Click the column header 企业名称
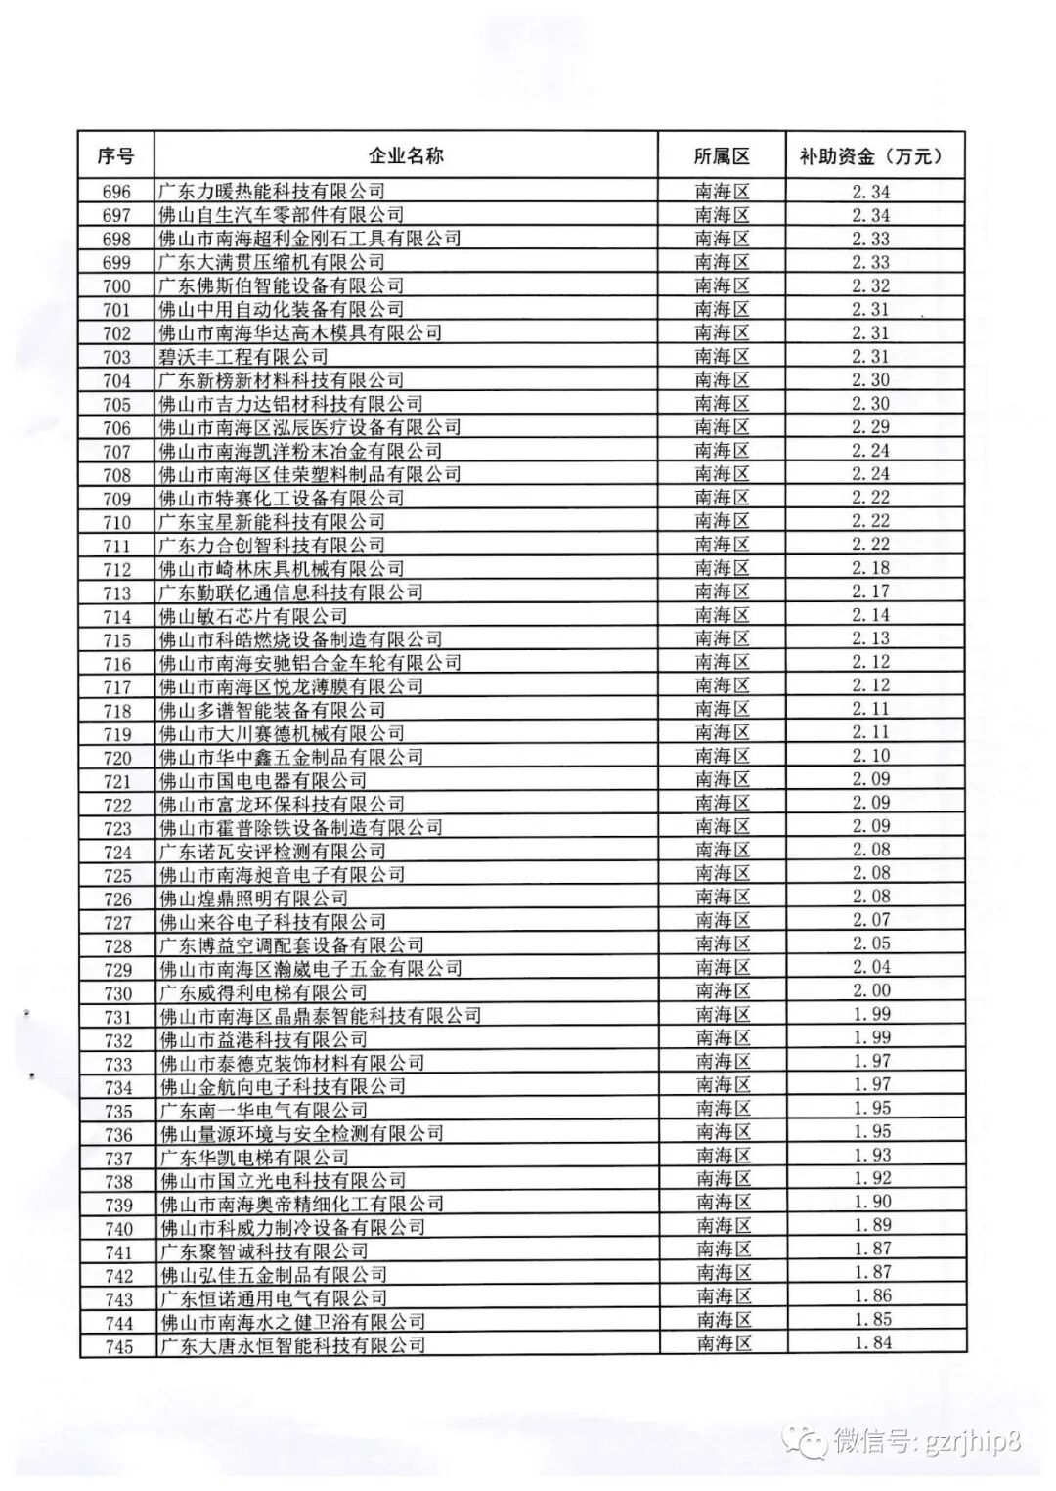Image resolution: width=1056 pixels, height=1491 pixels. tap(406, 156)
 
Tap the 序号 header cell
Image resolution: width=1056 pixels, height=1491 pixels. tap(116, 156)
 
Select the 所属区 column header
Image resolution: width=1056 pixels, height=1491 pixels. tap(722, 156)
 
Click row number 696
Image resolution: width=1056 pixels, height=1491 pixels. tap(116, 192)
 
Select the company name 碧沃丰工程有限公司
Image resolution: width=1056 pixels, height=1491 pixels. tap(243, 357)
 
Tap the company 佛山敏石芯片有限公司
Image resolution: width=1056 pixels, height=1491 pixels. tap(253, 616)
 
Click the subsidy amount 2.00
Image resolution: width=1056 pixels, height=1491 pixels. tap(871, 990)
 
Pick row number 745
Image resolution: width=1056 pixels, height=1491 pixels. tap(118, 1346)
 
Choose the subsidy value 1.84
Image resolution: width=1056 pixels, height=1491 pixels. tap(872, 1343)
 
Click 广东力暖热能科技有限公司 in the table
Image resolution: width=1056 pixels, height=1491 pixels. tap(272, 192)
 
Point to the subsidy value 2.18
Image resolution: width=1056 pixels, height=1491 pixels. tap(871, 568)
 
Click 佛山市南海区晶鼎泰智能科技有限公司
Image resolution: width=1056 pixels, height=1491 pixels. tap(320, 1016)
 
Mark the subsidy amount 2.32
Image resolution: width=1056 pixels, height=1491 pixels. tap(871, 285)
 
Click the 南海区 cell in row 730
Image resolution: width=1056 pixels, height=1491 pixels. tap(722, 990)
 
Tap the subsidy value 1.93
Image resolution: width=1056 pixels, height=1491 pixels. tap(872, 1156)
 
